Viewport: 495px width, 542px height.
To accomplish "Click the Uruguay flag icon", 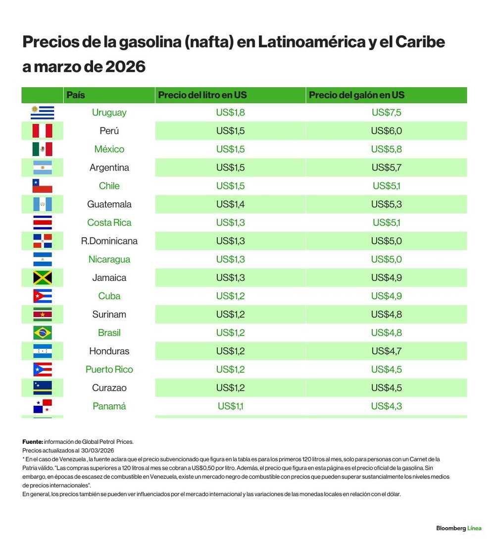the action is click(x=43, y=112).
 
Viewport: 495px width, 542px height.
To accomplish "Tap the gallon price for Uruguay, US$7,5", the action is click(x=386, y=112).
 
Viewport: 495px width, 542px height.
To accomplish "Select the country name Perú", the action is click(x=109, y=131).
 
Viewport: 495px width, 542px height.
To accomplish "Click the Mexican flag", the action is click(x=43, y=149).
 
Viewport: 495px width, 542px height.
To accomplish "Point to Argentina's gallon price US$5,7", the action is click(x=386, y=167).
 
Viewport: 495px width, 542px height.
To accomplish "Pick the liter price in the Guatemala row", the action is click(x=230, y=204).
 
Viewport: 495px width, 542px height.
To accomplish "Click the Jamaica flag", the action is click(x=43, y=278).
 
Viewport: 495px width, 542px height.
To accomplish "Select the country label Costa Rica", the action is click(x=109, y=222).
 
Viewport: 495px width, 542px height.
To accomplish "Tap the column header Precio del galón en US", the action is click(x=356, y=95).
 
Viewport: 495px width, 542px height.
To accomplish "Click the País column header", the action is click(x=76, y=95).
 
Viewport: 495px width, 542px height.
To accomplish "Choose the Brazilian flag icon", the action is click(x=43, y=333).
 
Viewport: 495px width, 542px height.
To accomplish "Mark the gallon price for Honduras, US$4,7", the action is click(x=386, y=351).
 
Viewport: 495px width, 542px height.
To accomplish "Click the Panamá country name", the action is click(x=109, y=406).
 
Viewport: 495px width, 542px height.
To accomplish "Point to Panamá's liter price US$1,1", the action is click(x=230, y=406).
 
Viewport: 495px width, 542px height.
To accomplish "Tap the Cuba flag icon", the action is click(x=43, y=296).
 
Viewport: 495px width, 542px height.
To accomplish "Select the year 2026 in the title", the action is click(x=125, y=66).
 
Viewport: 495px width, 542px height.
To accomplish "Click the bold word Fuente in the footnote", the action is click(x=33, y=441).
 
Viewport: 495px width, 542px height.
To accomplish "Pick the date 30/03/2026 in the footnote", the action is click(x=98, y=450).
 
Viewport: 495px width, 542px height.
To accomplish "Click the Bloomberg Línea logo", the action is click(x=458, y=528).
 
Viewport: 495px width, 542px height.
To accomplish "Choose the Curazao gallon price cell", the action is click(x=386, y=388).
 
